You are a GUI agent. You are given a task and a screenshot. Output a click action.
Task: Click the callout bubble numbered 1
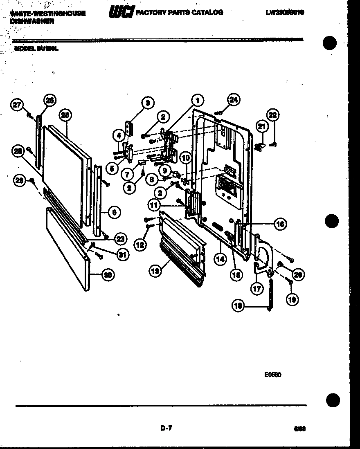(197, 100)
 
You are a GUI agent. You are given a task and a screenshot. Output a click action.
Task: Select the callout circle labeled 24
(234, 99)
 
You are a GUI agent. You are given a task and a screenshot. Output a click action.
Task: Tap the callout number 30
(108, 275)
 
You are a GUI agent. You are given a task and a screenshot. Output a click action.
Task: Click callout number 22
(272, 115)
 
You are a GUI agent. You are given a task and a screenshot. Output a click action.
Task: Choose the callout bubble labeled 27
(17, 105)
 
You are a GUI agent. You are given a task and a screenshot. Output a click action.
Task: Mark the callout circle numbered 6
(114, 212)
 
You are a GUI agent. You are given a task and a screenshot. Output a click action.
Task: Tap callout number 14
(220, 258)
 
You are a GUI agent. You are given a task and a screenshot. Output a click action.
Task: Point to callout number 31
(122, 254)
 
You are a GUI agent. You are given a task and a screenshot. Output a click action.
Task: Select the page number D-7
(166, 428)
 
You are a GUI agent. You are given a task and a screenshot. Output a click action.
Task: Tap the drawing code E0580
(273, 374)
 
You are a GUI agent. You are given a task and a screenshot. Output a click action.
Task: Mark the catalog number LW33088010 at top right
(285, 13)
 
